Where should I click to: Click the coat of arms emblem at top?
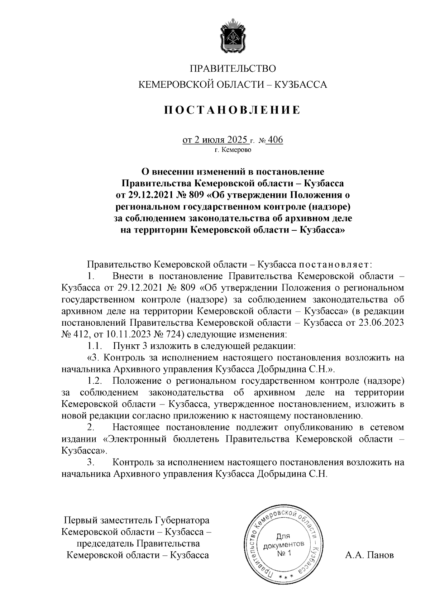click(233, 37)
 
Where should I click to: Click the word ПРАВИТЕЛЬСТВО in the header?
click(233, 68)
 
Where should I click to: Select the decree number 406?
click(275, 139)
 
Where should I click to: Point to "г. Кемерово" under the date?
click(233, 150)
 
